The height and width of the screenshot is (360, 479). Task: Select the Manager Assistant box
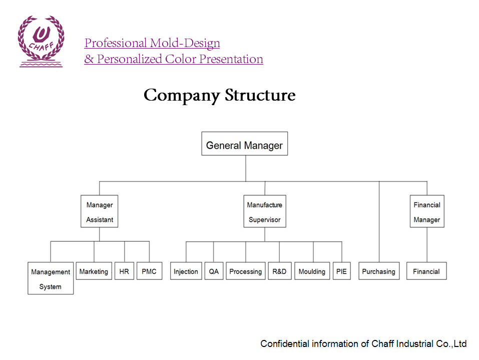tap(100, 211)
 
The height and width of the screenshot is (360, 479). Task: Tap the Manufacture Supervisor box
tap(265, 211)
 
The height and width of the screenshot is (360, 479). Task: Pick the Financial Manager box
tap(427, 211)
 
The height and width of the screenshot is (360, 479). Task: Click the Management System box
tap(51, 278)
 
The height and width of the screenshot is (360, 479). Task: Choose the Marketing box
tap(94, 271)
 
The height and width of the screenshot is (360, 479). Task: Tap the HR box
tap(124, 271)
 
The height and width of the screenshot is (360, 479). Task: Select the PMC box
tap(149, 271)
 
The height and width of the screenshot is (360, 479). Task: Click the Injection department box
tap(186, 271)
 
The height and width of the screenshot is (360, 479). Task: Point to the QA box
tap(214, 271)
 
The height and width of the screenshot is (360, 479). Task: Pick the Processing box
tap(245, 271)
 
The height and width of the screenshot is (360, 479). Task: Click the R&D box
tap(279, 271)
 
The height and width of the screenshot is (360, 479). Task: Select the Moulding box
tap(312, 271)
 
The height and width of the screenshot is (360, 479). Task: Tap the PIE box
tap(342, 271)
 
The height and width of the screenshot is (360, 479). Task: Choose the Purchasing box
tap(379, 271)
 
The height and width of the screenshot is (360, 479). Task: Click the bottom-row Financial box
tap(426, 271)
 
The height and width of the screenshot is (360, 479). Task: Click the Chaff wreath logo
tap(41, 41)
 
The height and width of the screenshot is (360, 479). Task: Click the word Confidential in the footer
tap(284, 343)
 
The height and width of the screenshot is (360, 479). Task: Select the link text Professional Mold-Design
tap(152, 43)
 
